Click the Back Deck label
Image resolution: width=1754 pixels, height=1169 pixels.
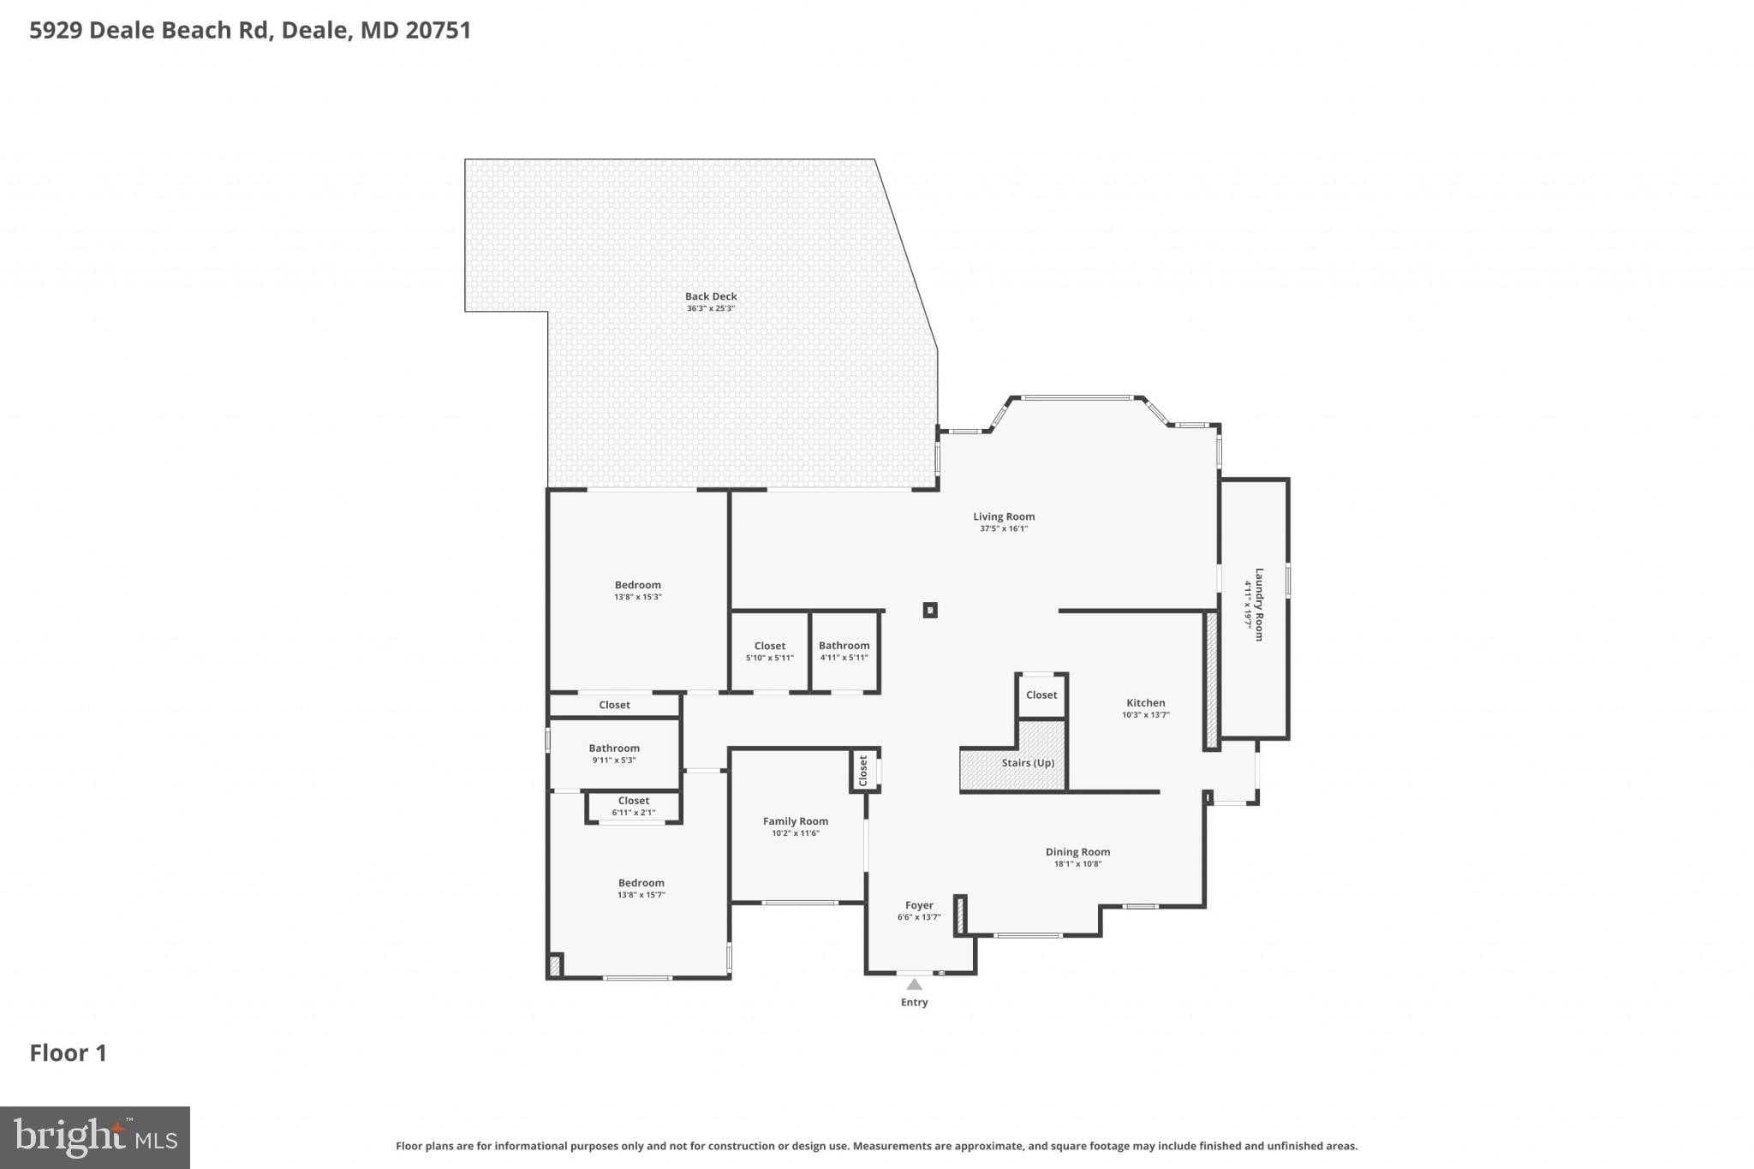(x=711, y=296)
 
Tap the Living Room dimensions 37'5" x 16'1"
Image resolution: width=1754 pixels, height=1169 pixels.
(x=1004, y=529)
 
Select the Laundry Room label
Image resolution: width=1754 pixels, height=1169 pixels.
(x=1259, y=604)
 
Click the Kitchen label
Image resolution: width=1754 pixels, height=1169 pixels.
(x=1145, y=703)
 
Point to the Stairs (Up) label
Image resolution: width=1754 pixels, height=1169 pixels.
(x=1028, y=763)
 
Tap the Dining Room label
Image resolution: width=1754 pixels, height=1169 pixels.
(x=1077, y=852)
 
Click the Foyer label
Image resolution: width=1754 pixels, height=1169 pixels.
(x=919, y=905)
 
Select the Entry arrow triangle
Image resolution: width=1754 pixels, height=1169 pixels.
(x=915, y=985)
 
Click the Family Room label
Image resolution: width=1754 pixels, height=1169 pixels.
(x=796, y=821)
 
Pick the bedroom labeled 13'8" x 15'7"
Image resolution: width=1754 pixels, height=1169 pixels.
(x=641, y=888)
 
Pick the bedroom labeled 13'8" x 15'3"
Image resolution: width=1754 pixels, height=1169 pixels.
(x=638, y=590)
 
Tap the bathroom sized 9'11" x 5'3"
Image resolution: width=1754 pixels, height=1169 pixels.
(x=614, y=754)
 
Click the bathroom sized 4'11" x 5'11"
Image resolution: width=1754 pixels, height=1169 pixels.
(x=844, y=651)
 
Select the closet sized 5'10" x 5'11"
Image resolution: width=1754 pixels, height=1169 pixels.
(x=770, y=651)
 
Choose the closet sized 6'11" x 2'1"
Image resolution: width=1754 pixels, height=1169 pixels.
(x=634, y=806)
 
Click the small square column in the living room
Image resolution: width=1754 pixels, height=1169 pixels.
(x=930, y=611)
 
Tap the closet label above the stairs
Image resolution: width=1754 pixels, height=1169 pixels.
(x=1041, y=695)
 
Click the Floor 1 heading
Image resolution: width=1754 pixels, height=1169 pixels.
(x=69, y=1053)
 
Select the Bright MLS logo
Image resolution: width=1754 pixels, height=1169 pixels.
(x=95, y=1137)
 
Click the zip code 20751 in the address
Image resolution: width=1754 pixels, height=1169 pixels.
(x=438, y=31)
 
